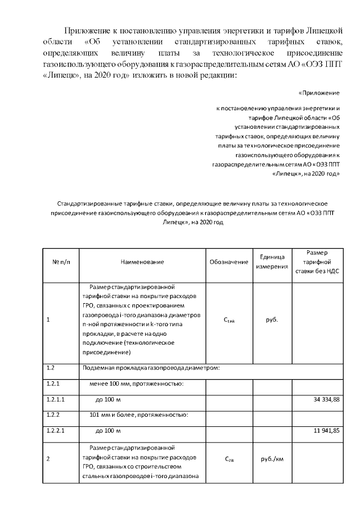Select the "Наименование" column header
click(x=142, y=262)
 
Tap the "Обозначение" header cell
click(x=228, y=262)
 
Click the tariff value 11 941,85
click(x=326, y=431)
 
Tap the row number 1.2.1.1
click(x=57, y=399)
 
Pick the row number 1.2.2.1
click(x=57, y=431)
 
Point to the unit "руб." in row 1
click(x=272, y=319)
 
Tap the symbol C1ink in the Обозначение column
click(x=229, y=320)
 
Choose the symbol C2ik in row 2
click(x=229, y=460)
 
